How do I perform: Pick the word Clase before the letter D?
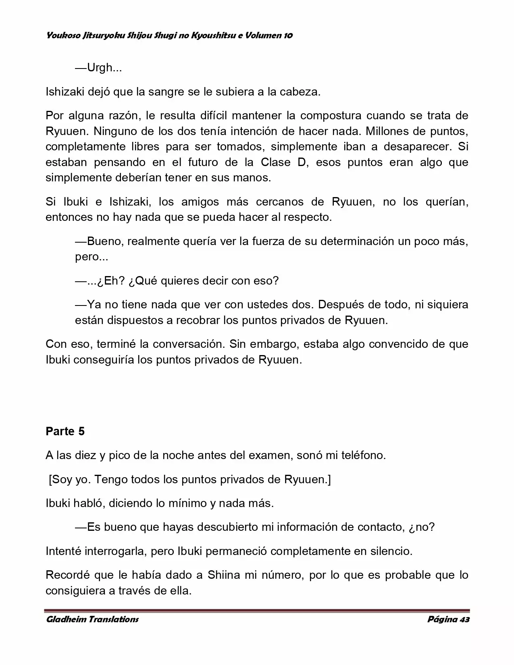coord(276,162)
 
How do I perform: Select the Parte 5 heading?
coord(65,431)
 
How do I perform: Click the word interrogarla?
coord(116,551)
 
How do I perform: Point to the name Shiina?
coord(224,575)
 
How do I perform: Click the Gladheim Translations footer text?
coord(92,619)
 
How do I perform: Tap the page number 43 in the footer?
coord(464,619)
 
